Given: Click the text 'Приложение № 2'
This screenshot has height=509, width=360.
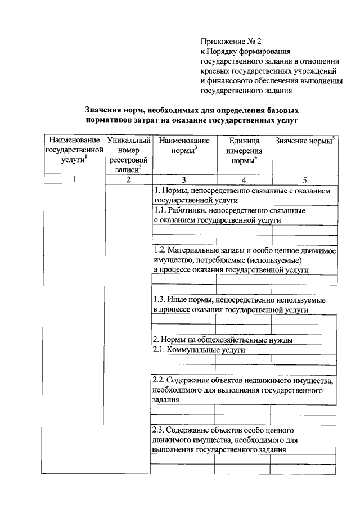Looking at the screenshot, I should click(x=231, y=41).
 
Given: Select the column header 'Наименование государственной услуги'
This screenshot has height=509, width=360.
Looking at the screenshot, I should click(x=75, y=150).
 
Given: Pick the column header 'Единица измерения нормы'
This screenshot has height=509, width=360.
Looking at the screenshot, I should click(x=244, y=151).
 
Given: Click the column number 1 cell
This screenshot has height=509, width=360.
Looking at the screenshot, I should click(x=74, y=180).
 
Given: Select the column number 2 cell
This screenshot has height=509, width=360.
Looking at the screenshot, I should click(x=128, y=180).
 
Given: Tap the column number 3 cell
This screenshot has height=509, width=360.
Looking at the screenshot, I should click(x=184, y=180).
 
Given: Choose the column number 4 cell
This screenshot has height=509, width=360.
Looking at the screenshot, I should click(x=244, y=180).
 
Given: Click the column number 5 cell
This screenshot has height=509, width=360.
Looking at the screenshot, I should click(x=304, y=180).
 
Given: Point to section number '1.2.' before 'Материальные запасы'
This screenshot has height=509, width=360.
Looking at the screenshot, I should click(x=160, y=251).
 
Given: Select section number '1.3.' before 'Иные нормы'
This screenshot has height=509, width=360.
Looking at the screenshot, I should click(x=160, y=300).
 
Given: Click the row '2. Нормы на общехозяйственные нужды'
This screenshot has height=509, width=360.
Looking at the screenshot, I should click(x=222, y=340).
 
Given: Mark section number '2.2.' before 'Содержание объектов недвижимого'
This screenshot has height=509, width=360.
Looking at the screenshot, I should click(x=160, y=380).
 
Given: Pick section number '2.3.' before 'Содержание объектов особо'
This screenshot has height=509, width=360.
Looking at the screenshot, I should click(x=160, y=430).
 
